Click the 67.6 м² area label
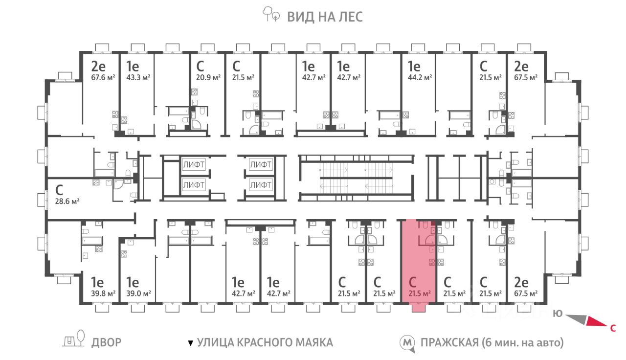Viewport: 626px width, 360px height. [x=103, y=77]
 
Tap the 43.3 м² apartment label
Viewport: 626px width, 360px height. [x=138, y=77]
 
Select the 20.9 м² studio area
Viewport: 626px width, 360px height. [x=208, y=77]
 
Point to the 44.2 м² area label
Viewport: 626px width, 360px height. [x=420, y=77]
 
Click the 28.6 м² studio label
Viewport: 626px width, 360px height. [x=67, y=201]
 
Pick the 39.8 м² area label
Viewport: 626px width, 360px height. [x=103, y=293]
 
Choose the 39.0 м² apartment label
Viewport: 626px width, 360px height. [x=138, y=293]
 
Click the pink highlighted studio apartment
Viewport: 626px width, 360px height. [x=418, y=263]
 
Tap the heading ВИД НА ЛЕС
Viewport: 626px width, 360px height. [x=325, y=17]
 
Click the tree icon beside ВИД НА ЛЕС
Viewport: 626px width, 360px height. [x=270, y=14]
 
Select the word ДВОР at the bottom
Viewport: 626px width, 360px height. [x=106, y=342]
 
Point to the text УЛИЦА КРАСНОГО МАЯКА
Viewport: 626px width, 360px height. [x=265, y=342]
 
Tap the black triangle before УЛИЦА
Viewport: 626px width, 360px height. [x=191, y=343]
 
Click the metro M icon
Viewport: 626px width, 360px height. [x=407, y=343]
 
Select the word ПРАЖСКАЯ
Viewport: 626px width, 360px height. [x=449, y=343]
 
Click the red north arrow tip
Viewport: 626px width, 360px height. [x=607, y=326]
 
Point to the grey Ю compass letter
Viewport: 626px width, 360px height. [x=558, y=314]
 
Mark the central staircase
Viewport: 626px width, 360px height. [x=357, y=178]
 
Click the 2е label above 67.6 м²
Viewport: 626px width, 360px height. [x=98, y=66]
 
